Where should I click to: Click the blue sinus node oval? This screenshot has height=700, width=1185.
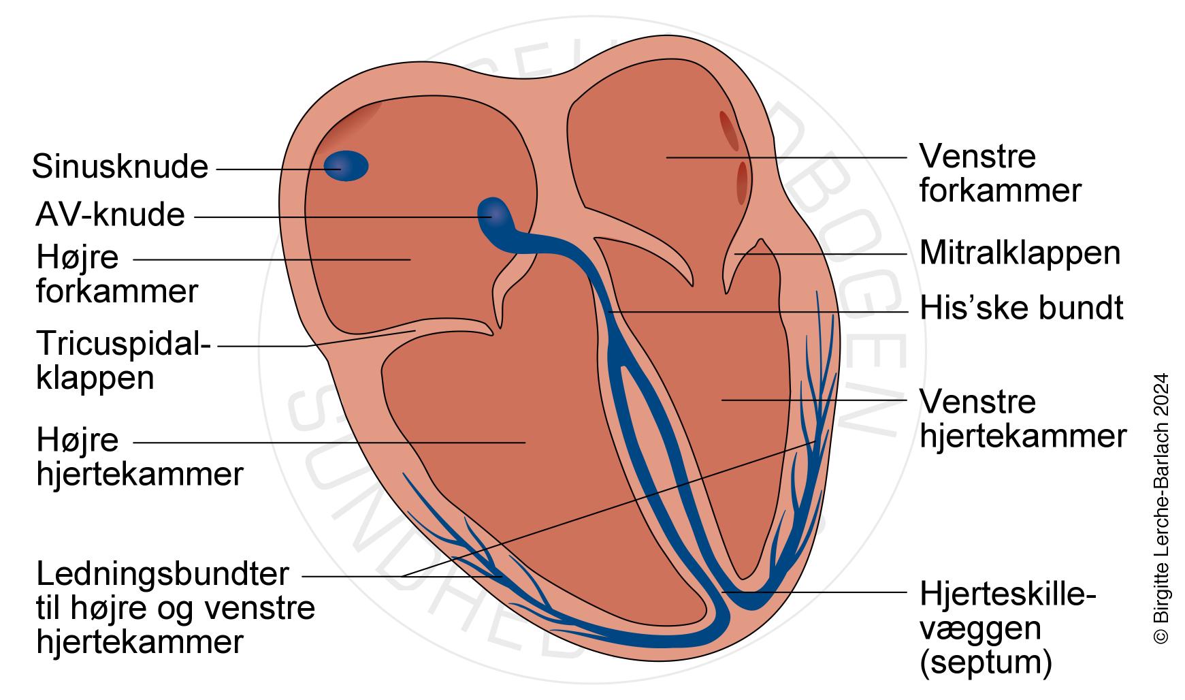tap(345, 166)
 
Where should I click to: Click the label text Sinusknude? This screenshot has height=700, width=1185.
tap(120, 167)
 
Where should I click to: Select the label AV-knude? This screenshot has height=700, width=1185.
tap(110, 215)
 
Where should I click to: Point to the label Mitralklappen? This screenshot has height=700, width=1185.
tap(1020, 253)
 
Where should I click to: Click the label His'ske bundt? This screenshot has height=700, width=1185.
tap(1021, 308)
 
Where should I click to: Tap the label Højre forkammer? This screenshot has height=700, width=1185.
tap(116, 274)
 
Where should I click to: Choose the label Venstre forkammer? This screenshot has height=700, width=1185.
tap(999, 174)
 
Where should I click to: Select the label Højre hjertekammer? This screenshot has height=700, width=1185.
tap(140, 457)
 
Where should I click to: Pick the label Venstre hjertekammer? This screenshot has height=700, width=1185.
tap(1022, 419)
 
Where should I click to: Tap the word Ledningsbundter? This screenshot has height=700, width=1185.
tap(163, 574)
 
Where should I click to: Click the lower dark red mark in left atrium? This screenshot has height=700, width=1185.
tap(742, 182)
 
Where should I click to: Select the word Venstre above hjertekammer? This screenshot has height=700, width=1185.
tap(977, 402)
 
